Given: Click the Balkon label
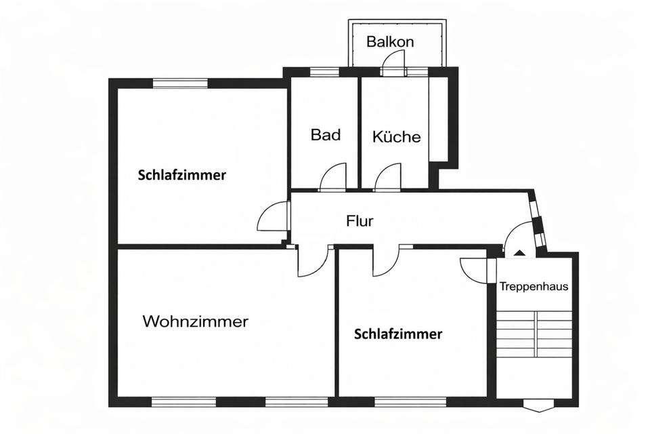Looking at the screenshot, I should click(x=390, y=42).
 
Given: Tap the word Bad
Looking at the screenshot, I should click(x=325, y=134).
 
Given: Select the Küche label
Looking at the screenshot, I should click(x=396, y=137).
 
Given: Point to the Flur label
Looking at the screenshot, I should click(x=360, y=220).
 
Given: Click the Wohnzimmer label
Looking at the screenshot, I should click(x=195, y=321).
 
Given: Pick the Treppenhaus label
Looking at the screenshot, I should click(x=534, y=286).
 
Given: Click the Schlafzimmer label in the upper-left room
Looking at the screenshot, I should click(x=181, y=175).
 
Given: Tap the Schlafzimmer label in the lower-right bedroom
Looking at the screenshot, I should click(x=398, y=334).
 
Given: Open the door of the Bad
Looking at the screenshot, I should click(x=333, y=178).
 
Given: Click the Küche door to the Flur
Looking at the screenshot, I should click(x=388, y=178).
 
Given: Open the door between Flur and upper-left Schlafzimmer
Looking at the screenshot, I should click(x=273, y=218).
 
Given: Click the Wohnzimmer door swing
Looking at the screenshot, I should click(x=312, y=262).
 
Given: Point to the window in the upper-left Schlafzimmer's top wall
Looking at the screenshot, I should click(x=179, y=83).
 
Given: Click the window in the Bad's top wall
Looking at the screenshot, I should click(x=324, y=71).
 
